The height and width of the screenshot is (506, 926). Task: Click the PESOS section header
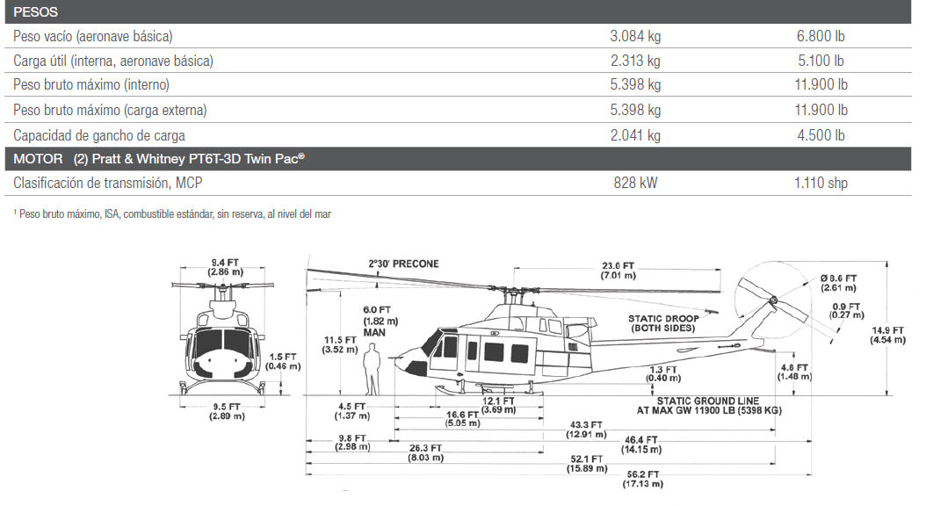click(36, 11)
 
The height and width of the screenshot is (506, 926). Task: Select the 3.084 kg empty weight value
click(634, 36)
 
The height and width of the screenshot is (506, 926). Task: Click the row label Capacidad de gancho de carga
click(99, 135)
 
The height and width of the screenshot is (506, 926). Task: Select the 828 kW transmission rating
click(634, 183)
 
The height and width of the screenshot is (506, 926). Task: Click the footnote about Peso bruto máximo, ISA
click(172, 213)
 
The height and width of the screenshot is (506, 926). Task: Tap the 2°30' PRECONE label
click(403, 264)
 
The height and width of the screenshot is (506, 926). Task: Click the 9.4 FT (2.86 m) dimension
click(225, 267)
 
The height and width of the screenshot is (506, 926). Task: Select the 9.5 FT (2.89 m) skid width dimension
click(225, 411)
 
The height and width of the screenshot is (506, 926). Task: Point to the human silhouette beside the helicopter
click(373, 369)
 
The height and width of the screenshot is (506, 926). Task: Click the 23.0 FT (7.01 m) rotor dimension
click(618, 271)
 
